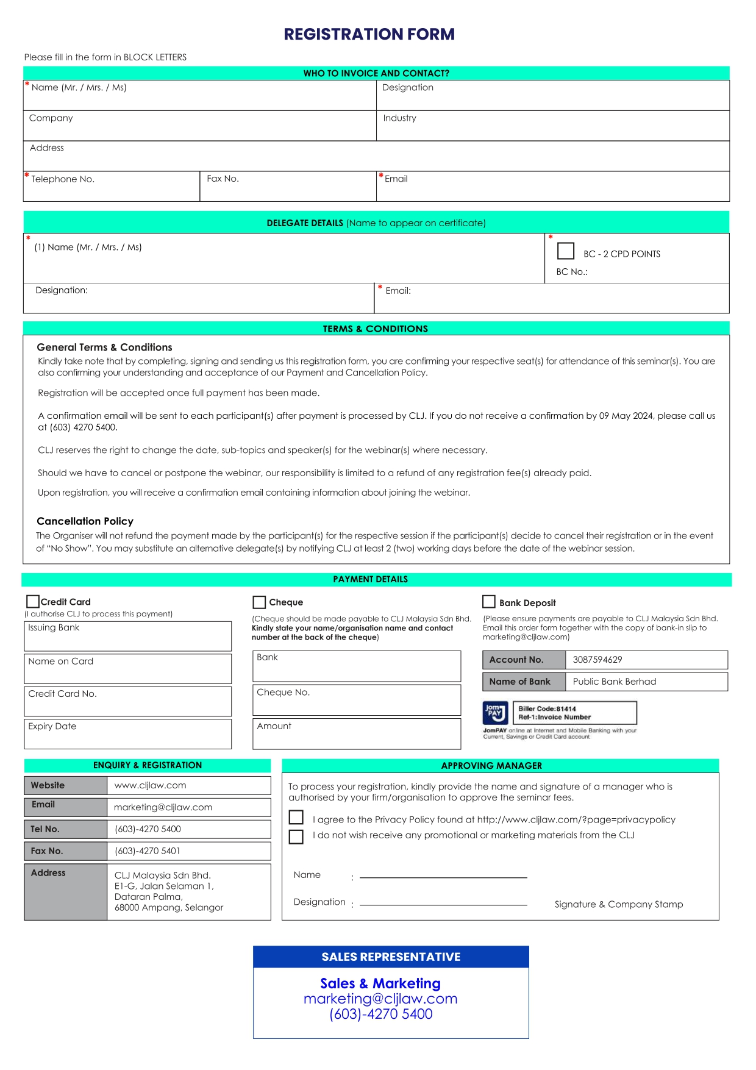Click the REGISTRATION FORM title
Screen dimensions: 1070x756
pyautogui.click(x=369, y=34)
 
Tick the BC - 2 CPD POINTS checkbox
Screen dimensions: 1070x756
pyautogui.click(x=566, y=251)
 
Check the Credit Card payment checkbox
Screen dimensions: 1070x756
pyautogui.click(x=33, y=602)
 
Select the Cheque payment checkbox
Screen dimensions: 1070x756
pyautogui.click(x=259, y=602)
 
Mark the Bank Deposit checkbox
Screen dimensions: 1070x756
pyautogui.click(x=488, y=602)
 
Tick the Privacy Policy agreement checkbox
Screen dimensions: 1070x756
pyautogui.click(x=296, y=817)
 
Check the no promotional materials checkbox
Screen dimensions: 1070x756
pyautogui.click(x=296, y=836)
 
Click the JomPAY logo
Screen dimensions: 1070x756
pyautogui.click(x=495, y=713)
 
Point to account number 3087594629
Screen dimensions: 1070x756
pyautogui.click(x=597, y=660)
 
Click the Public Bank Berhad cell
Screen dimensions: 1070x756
pyautogui.click(x=615, y=682)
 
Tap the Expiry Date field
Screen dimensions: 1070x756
pyautogui.click(x=128, y=734)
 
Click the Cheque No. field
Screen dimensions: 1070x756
pyautogui.click(x=357, y=700)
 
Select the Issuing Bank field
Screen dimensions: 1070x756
pyautogui.click(x=128, y=637)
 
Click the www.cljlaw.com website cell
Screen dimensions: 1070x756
pyautogui.click(x=151, y=785)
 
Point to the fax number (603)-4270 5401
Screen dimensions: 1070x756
pyautogui.click(x=148, y=851)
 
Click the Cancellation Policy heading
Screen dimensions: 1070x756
pyautogui.click(x=85, y=521)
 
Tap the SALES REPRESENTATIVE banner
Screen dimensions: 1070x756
pyautogui.click(x=391, y=957)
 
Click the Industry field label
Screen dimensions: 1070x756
pyautogui.click(x=400, y=118)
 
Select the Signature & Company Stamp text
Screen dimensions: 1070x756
pyautogui.click(x=619, y=904)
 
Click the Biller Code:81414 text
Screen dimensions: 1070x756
pyautogui.click(x=547, y=708)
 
